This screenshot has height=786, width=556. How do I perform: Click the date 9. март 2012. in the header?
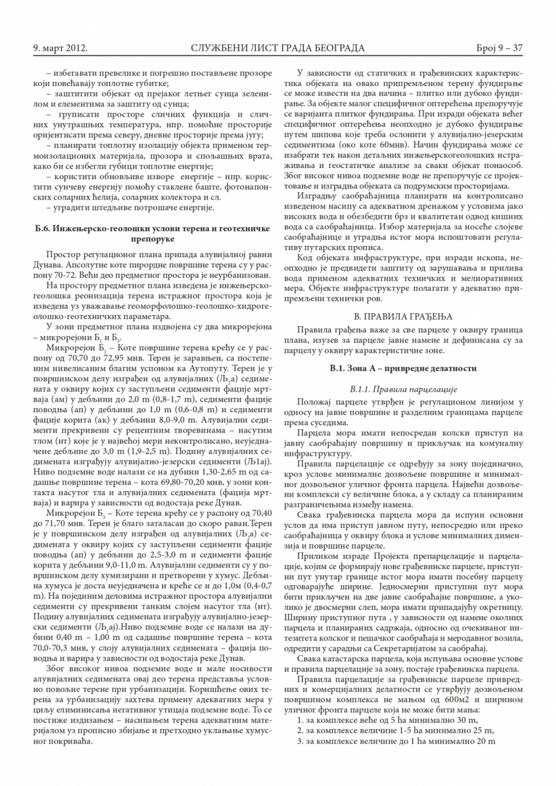coord(59,48)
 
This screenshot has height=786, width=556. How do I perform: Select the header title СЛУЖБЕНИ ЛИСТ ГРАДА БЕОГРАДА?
coord(278,48)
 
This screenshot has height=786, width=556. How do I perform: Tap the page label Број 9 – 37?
coord(499,48)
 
